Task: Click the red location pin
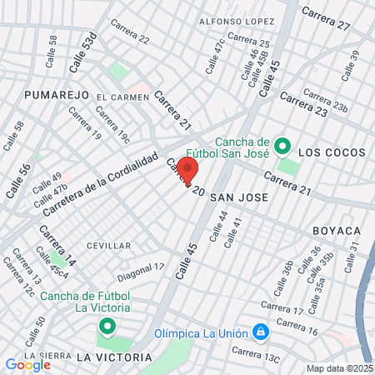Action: [187, 169]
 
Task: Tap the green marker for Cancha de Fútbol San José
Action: [282, 147]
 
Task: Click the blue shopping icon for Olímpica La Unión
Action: [262, 332]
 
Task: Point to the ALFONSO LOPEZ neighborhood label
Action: [237, 20]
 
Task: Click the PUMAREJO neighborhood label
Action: [56, 95]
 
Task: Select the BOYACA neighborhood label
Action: [337, 229]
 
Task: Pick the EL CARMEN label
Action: [122, 97]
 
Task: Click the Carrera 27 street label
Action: [326, 19]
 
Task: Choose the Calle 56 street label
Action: [18, 180]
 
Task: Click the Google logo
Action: [27, 364]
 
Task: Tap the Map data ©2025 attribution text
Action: [337, 368]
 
